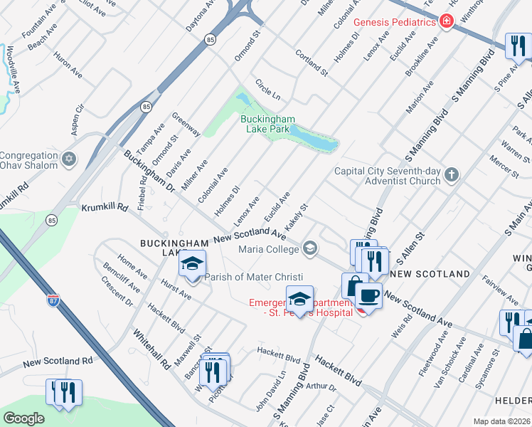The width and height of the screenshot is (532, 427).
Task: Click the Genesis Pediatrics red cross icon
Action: tap(447, 22)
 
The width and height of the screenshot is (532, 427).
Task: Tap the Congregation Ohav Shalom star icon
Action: tap(68, 158)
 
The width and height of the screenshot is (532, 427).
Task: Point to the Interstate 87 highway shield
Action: tap(53, 301)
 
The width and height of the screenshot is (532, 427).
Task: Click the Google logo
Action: tap(23, 418)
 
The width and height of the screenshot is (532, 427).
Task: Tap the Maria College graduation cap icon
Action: tap(309, 248)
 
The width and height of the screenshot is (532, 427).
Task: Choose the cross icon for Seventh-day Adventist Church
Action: tap(451, 174)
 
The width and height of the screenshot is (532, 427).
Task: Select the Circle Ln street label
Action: tap(268, 89)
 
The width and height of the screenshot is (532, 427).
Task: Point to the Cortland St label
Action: tap(311, 63)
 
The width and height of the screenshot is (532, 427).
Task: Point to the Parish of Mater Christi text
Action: tap(255, 277)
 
